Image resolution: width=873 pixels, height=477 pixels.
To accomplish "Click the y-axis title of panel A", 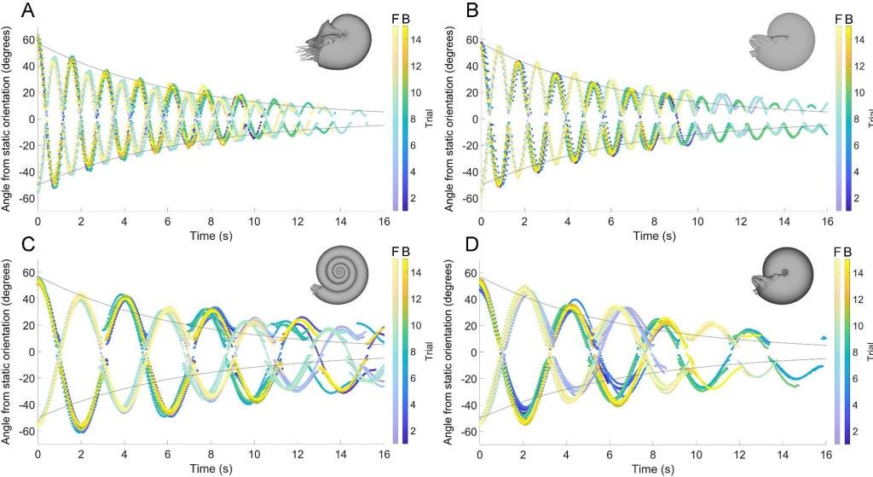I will tap(8, 118).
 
